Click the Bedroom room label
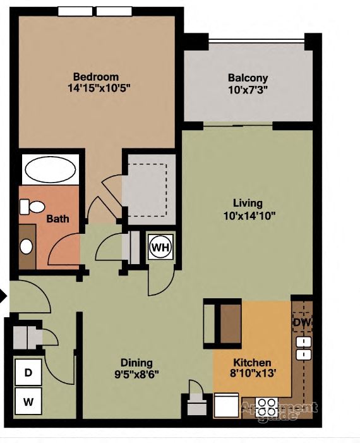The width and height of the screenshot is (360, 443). tap(95, 77)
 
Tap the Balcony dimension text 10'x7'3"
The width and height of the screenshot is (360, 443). tap(248, 90)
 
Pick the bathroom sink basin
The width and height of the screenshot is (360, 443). tap(27, 246)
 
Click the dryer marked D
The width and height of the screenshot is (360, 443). tap(28, 373)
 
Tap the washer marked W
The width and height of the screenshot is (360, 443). tap(28, 401)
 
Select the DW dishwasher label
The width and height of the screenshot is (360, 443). tap(301, 323)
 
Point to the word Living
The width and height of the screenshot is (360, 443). tap(248, 203)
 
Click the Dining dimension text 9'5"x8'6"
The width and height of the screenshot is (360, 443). tap(136, 373)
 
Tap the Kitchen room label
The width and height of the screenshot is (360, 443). tap(253, 363)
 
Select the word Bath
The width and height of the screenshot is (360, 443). tap(57, 219)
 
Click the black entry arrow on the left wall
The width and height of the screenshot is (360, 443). tap(3, 296)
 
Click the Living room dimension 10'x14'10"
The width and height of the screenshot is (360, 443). tap(249, 215)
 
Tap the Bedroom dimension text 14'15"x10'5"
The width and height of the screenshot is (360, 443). tap(95, 89)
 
